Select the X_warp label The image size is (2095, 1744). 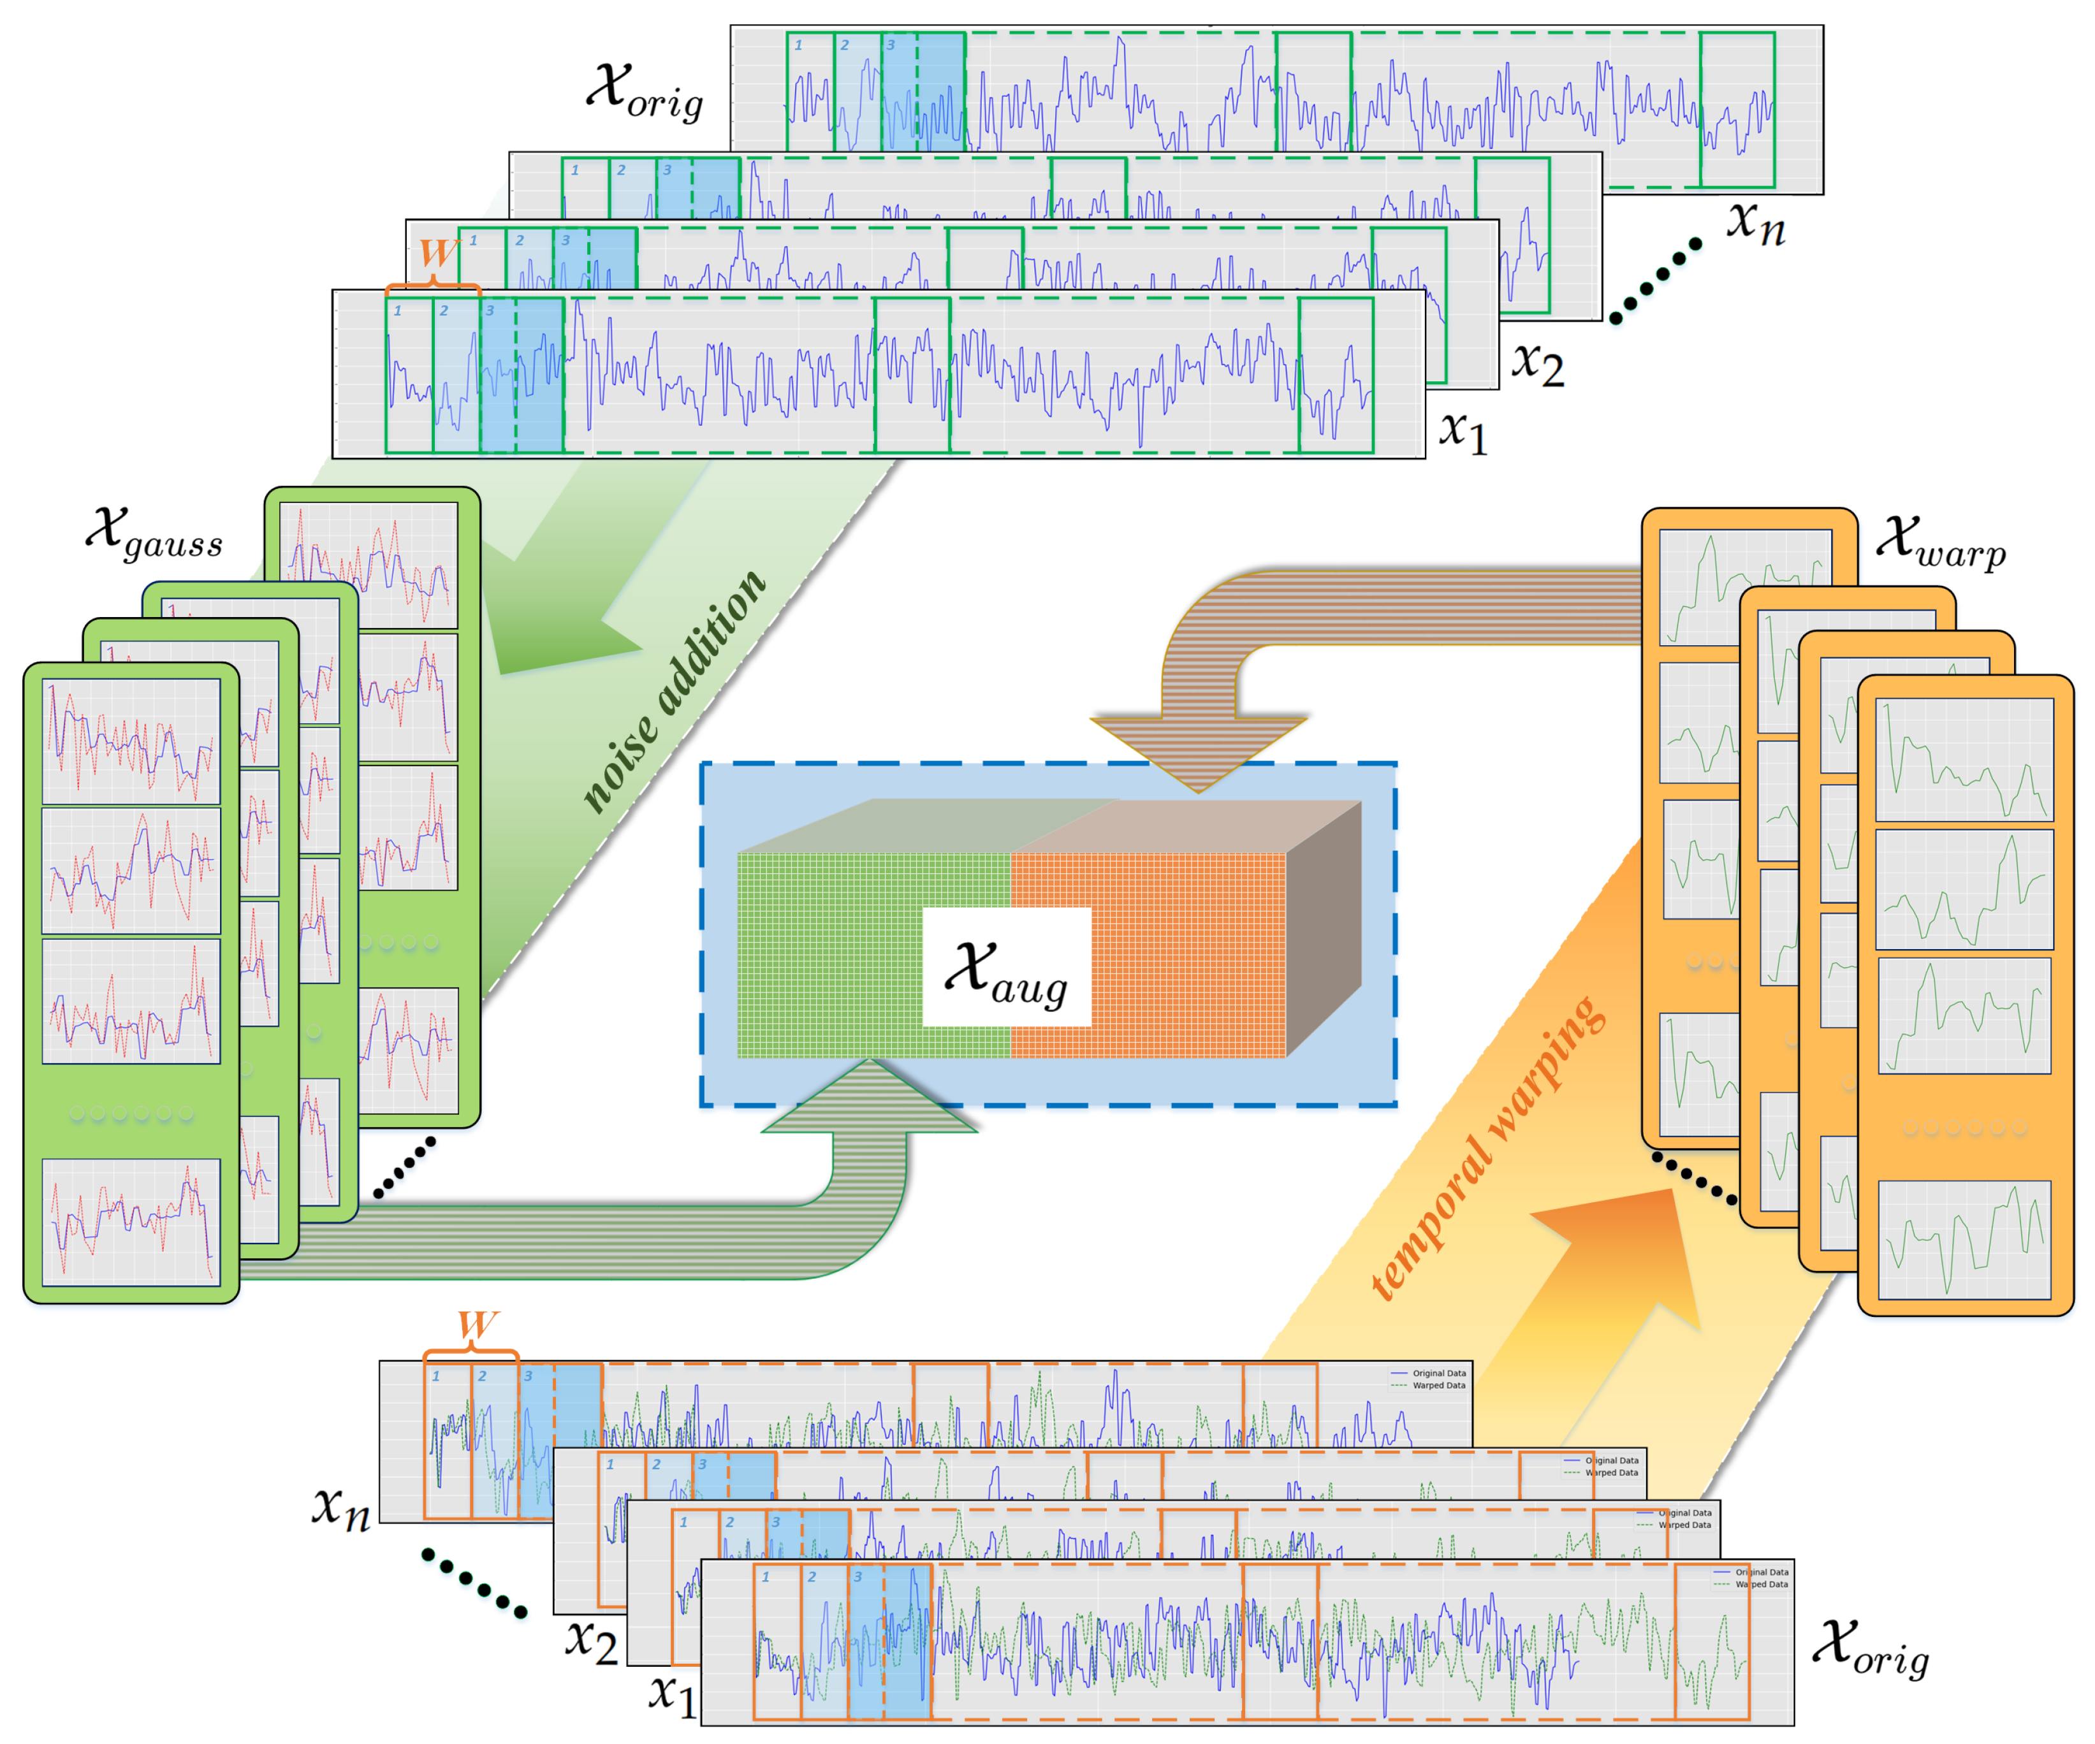(x=1940, y=541)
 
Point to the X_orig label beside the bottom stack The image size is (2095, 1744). (x=1871, y=1650)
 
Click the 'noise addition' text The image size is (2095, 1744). (x=673, y=692)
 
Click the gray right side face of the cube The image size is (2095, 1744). (x=1324, y=927)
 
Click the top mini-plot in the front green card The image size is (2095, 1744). (x=131, y=741)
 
